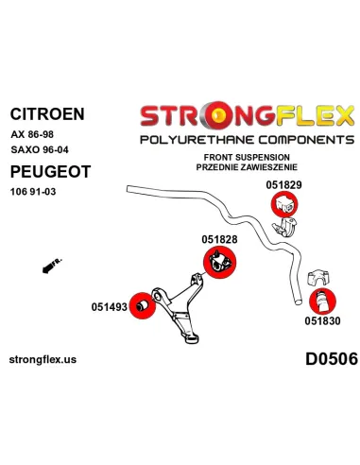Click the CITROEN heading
47,113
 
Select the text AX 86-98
32,134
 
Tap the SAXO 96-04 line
40,149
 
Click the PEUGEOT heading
50,172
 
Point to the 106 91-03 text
33,192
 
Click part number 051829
283,185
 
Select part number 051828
219,239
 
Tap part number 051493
110,307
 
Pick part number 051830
322,321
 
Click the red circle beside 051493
143,305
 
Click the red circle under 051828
220,263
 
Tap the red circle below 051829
284,204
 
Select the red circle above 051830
322,301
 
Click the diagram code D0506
332,359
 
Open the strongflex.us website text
43,359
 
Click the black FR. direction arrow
52,266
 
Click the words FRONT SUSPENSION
247,157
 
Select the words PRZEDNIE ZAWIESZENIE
247,167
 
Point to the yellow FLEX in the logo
316,116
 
